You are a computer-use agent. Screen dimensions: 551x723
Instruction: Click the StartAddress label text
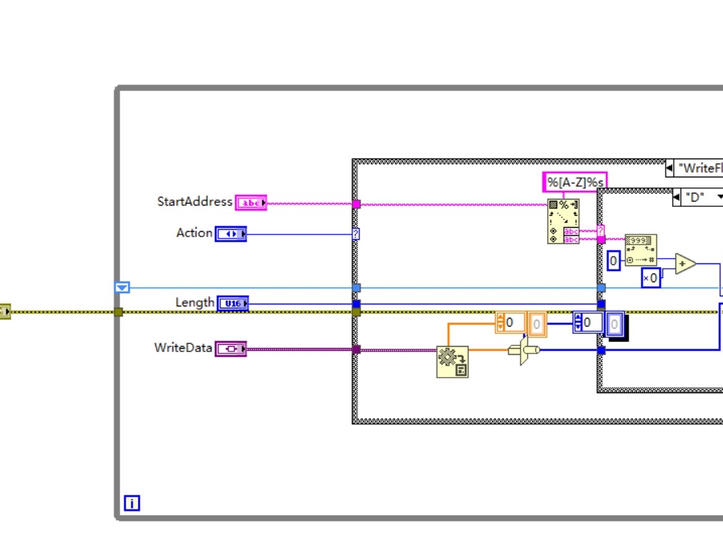click(194, 202)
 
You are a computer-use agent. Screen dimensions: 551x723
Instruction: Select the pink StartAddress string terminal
click(251, 203)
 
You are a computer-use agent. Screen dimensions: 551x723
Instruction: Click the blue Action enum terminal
click(230, 234)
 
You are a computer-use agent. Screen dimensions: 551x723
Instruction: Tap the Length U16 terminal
click(232, 304)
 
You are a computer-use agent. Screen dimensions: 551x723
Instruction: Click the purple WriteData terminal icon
click(230, 349)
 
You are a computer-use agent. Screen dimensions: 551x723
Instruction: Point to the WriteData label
click(183, 348)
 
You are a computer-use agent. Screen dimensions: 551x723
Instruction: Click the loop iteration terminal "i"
click(132, 503)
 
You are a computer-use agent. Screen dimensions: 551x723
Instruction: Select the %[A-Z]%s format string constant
click(575, 181)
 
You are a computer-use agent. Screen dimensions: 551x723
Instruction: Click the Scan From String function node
click(563, 220)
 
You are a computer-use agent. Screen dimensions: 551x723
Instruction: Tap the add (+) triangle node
click(685, 264)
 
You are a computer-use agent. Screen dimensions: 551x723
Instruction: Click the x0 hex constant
click(650, 278)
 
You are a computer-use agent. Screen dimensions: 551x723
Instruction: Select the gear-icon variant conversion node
click(452, 362)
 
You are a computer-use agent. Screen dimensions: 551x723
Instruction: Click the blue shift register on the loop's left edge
click(122, 288)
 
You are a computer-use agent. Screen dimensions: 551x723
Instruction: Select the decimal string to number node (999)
click(640, 250)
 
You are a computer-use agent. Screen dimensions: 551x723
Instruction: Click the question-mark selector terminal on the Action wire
click(356, 234)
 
